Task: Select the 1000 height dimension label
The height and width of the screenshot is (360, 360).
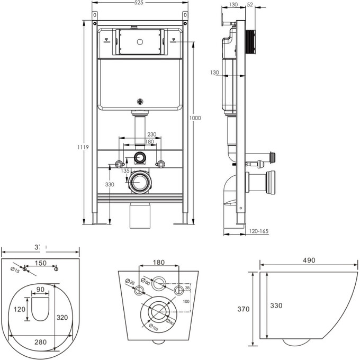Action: pos(196,118)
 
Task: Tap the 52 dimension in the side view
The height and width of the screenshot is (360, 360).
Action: pos(250,5)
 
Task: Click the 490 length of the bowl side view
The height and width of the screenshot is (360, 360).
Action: pos(310,260)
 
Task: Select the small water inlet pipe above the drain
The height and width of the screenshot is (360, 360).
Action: pos(140,157)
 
